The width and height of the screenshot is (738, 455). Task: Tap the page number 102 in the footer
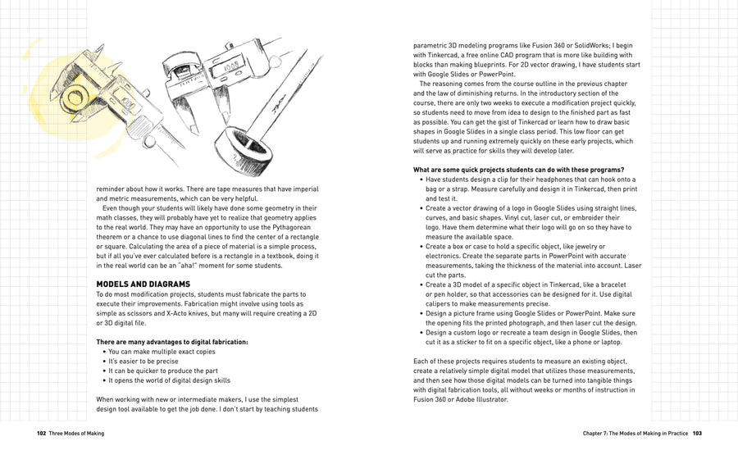tap(41, 432)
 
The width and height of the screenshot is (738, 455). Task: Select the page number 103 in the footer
tap(696, 432)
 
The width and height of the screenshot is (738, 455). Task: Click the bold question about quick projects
tap(519, 170)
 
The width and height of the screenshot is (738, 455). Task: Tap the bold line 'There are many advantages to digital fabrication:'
tap(172, 341)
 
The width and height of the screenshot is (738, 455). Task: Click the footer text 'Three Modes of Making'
tap(76, 432)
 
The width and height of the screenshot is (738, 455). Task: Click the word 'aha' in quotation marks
tap(207, 265)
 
